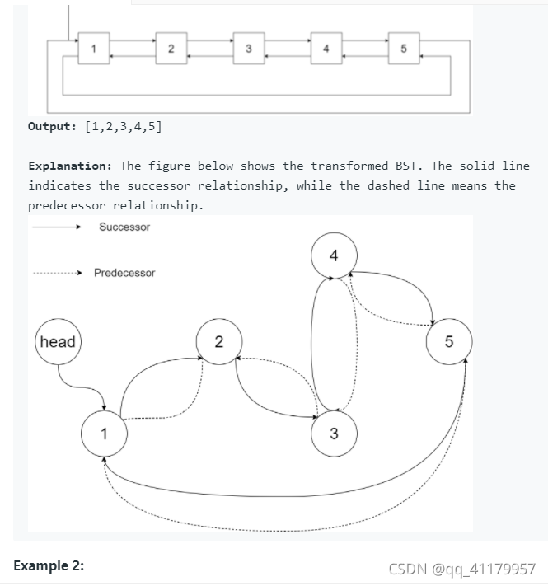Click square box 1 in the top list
93,48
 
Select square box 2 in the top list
171,48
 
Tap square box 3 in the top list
248,48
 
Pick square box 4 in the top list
326,48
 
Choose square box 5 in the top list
403,48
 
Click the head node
57,342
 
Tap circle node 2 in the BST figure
218,342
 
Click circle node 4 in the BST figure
333,255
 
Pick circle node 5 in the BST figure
448,342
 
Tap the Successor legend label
124,227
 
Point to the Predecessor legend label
124,273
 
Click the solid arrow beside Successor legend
56,228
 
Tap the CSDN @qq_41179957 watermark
461,569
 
